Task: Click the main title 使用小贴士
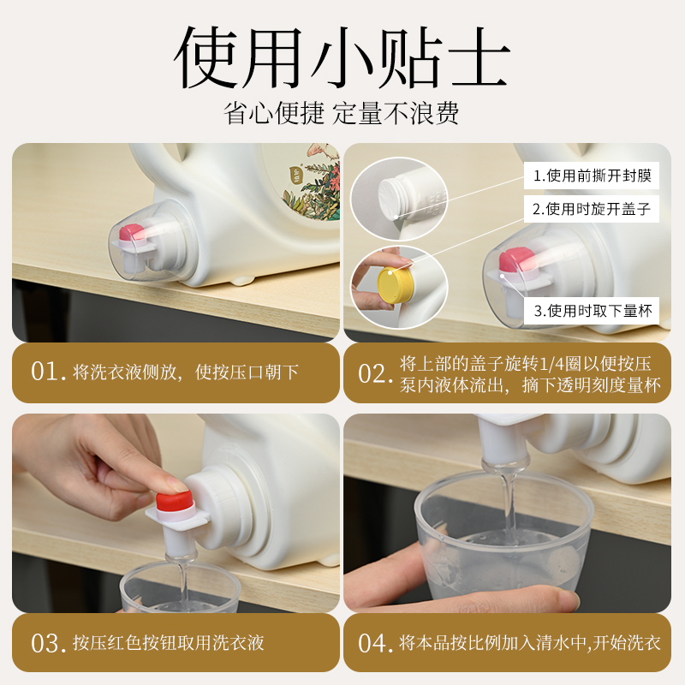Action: [342, 57]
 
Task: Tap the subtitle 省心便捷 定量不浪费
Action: [341, 114]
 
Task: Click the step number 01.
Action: [48, 372]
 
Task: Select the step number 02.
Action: [375, 374]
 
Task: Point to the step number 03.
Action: [48, 643]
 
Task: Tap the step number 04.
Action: [375, 643]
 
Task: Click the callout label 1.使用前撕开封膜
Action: [592, 176]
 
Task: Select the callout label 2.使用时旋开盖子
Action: [592, 209]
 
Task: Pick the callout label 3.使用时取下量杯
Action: [593, 311]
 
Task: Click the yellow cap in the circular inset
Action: [395, 284]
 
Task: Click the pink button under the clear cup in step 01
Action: [133, 232]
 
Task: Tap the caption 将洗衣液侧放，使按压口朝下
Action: [186, 372]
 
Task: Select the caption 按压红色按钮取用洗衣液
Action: [168, 643]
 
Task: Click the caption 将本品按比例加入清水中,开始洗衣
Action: [529, 643]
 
